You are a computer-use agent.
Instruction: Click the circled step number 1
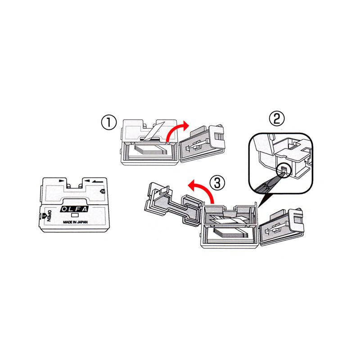pos(109,122)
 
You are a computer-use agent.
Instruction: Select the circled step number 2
pos(277,119)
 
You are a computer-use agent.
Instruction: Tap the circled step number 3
pos(217,183)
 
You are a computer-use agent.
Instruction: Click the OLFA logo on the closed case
pos(74,209)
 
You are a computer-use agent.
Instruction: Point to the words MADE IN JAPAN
pos(75,222)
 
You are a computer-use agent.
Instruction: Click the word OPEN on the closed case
pos(49,216)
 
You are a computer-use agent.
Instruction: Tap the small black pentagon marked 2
pos(103,191)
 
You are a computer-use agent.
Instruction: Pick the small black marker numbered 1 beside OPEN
pos(44,216)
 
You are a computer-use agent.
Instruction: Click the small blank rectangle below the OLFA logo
pos(75,216)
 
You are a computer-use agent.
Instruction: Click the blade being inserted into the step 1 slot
pos(152,131)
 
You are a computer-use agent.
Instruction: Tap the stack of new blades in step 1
pos(150,151)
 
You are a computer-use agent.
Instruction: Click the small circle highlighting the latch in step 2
pos(284,171)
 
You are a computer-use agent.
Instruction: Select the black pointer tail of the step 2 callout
pos(265,200)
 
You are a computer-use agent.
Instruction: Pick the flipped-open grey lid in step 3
pos(173,203)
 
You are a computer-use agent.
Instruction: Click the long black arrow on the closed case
pos(98,182)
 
